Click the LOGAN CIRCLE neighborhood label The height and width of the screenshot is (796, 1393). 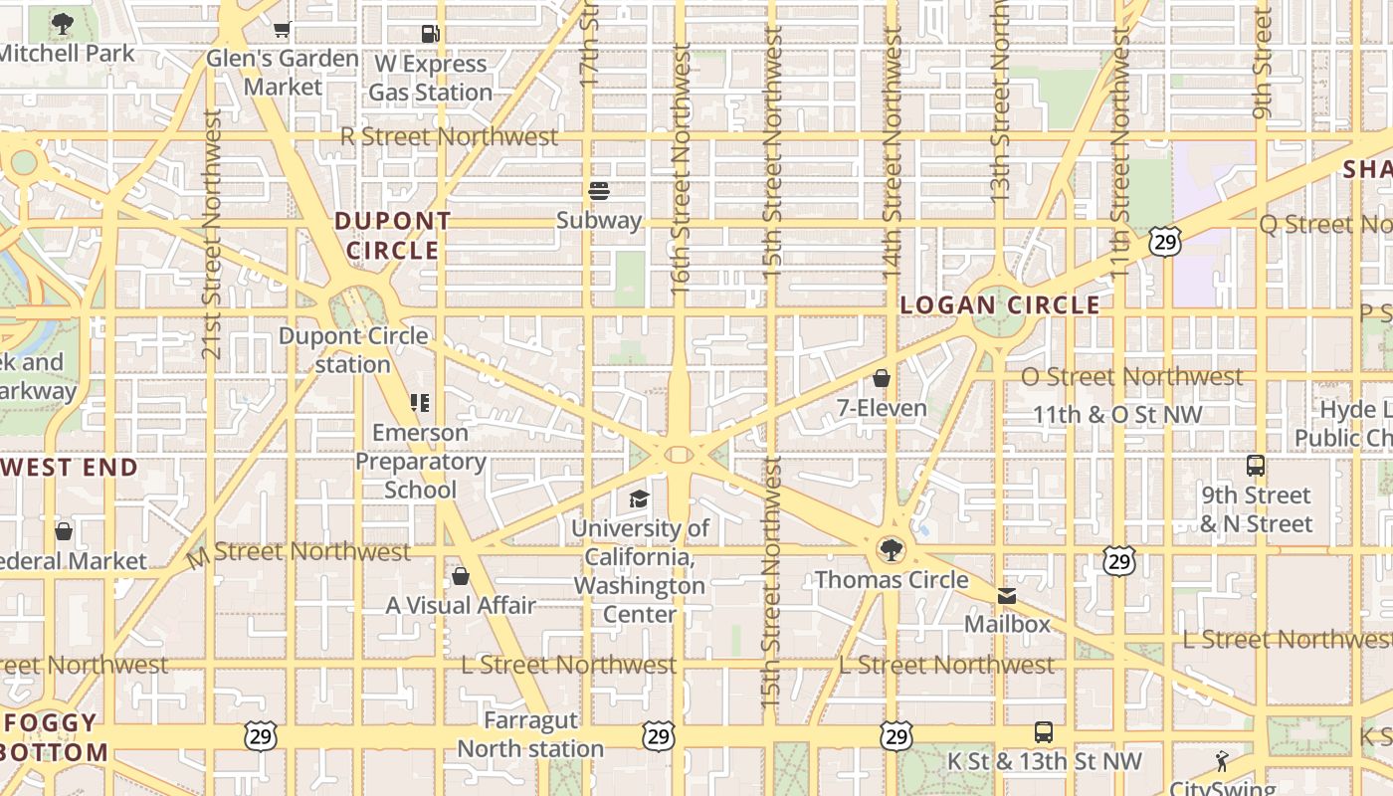pos(1000,305)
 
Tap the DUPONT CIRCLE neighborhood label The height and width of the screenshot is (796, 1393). pos(392,236)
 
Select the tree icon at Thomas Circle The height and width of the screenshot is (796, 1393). pos(892,549)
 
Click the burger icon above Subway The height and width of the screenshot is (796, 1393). pos(599,190)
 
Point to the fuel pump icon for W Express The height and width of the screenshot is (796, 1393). pos(431,34)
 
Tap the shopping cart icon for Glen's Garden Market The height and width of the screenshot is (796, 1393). pos(283,30)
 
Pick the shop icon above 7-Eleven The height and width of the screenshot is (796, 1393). pos(881,378)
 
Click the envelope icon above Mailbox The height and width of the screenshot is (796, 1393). pos(1007,595)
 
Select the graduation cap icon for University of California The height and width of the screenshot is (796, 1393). pos(639,498)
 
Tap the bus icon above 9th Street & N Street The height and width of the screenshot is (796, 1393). pos(1256,465)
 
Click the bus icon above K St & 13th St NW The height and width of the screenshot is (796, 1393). pos(1043,732)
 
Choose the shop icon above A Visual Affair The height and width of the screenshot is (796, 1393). pos(461,575)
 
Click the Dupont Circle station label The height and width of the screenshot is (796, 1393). pos(353,350)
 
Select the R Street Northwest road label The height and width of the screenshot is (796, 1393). pos(449,136)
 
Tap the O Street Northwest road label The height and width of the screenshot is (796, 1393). pos(1131,377)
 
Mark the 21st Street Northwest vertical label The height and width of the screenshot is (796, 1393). pos(211,234)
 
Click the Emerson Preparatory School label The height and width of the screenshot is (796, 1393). pos(420,461)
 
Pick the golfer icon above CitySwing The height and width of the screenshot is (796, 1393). pos(1222,761)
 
